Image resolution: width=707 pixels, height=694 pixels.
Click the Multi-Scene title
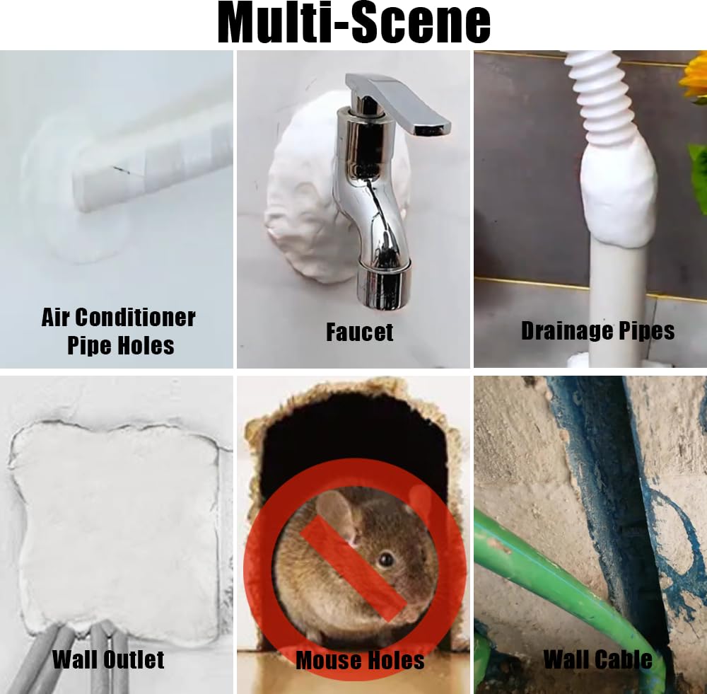click(x=353, y=23)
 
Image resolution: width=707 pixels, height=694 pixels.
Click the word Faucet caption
click(x=359, y=331)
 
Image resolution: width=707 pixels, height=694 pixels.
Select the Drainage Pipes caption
click(x=597, y=330)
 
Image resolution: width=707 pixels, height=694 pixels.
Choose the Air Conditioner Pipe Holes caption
click(x=119, y=330)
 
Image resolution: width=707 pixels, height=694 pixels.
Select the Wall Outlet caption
click(x=108, y=659)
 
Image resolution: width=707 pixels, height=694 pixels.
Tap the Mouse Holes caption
click(x=360, y=660)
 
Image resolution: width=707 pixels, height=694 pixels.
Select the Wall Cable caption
click(x=597, y=659)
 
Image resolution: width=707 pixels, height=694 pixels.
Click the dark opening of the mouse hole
click(x=353, y=439)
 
